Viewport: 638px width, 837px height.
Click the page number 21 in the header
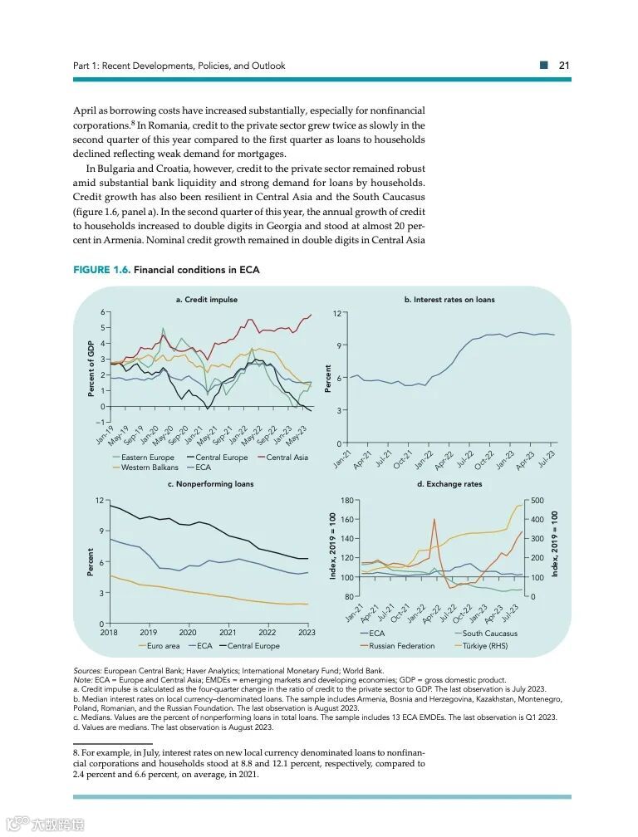(x=563, y=66)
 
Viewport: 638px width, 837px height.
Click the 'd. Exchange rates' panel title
(x=449, y=483)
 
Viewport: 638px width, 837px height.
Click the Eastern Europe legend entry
(x=147, y=458)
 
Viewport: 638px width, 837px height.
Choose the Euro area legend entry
(x=162, y=645)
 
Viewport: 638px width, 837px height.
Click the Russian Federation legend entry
(x=401, y=645)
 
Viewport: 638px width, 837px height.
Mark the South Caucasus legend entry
(x=490, y=634)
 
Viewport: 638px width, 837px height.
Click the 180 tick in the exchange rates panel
(x=347, y=501)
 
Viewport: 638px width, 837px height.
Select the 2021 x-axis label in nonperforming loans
(x=228, y=632)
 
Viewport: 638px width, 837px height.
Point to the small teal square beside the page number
(x=543, y=66)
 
